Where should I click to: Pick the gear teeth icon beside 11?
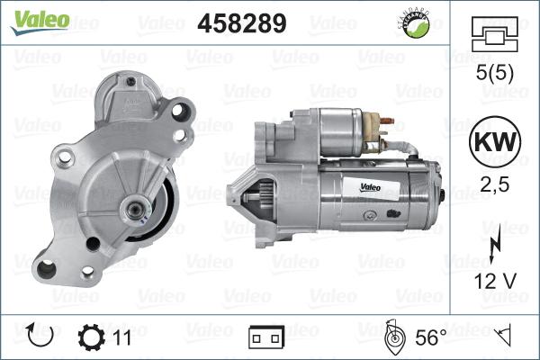pos(93,337)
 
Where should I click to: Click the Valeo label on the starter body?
pos(376,187)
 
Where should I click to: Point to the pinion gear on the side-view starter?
pos(254,199)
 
